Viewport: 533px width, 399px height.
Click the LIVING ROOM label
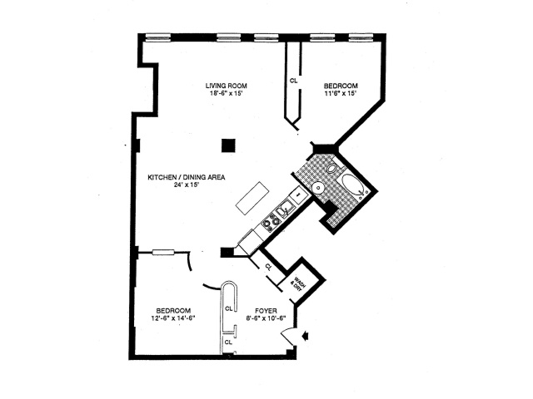pos(227,86)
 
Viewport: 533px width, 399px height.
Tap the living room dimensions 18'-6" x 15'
pos(227,93)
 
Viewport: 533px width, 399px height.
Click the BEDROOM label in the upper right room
pos(341,86)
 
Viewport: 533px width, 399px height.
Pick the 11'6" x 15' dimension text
pos(340,93)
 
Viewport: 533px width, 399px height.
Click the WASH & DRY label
pos(296,281)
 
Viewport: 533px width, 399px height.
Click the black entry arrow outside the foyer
pos(306,336)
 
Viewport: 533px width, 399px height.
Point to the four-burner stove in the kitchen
pos(270,222)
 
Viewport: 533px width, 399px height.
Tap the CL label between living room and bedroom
pos(293,81)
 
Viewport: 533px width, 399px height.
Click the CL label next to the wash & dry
pos(268,267)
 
